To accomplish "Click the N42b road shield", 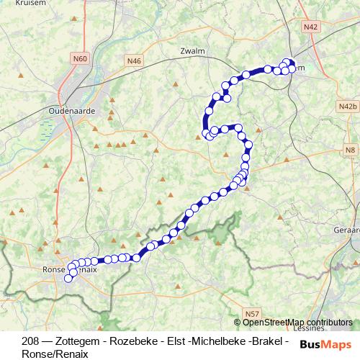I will (x=348, y=107).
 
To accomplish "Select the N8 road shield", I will (x=350, y=150).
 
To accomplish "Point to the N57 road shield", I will (x=251, y=315).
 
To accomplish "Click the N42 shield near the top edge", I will (x=310, y=27).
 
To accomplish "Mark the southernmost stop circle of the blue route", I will (x=70, y=278).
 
